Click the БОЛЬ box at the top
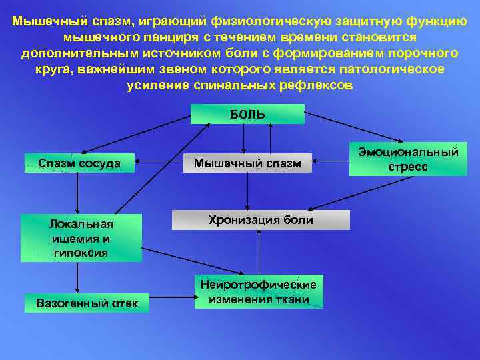247,114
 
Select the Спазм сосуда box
79,163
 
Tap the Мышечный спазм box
247,163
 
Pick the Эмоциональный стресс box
408,159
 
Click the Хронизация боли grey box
261,220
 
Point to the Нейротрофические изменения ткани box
259,292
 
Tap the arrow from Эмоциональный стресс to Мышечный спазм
330,160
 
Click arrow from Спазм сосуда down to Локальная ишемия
78,193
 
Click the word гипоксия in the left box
81,253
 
